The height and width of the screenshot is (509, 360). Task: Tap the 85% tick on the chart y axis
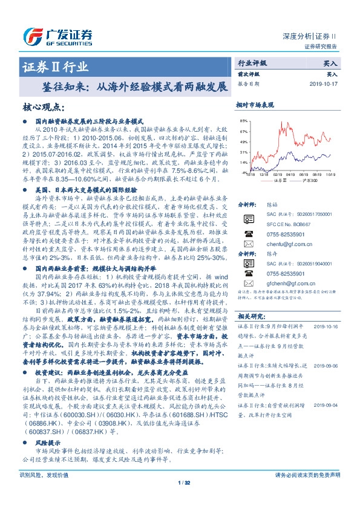coord(243,121)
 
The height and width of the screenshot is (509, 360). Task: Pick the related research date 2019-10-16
coord(326,325)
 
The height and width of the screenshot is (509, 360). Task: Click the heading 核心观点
coord(43,108)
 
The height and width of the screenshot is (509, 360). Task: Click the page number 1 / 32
coord(180,499)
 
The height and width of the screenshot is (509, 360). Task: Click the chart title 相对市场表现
coord(255,105)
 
